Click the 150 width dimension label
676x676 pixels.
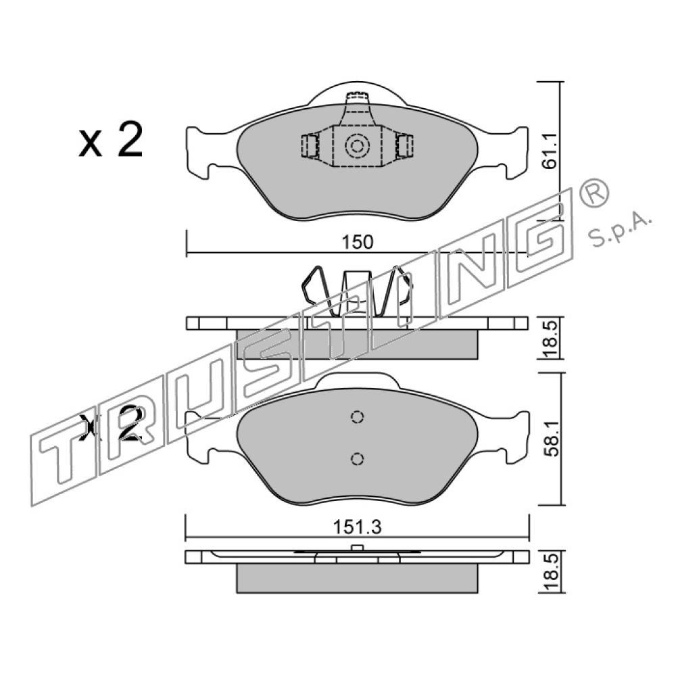tap(357, 242)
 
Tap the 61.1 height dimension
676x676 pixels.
tap(550, 151)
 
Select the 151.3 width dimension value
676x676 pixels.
tap(357, 527)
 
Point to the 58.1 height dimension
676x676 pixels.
tap(550, 439)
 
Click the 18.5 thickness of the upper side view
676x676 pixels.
tap(550, 339)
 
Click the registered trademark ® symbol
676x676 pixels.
tap(593, 193)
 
